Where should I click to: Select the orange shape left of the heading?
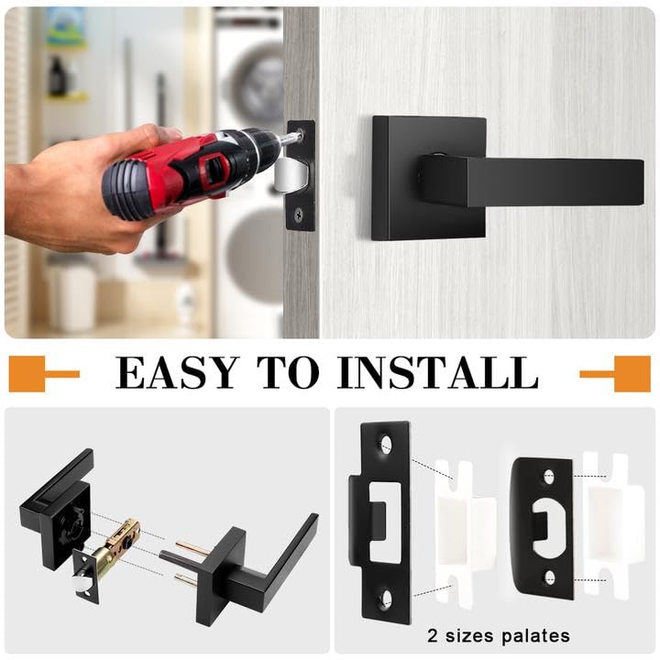pos(41,373)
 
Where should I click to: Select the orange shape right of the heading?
pos(617,373)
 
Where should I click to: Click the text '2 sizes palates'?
pos(498,635)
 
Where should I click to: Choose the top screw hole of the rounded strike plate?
pos(548,477)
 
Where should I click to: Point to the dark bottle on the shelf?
pos(58,77)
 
